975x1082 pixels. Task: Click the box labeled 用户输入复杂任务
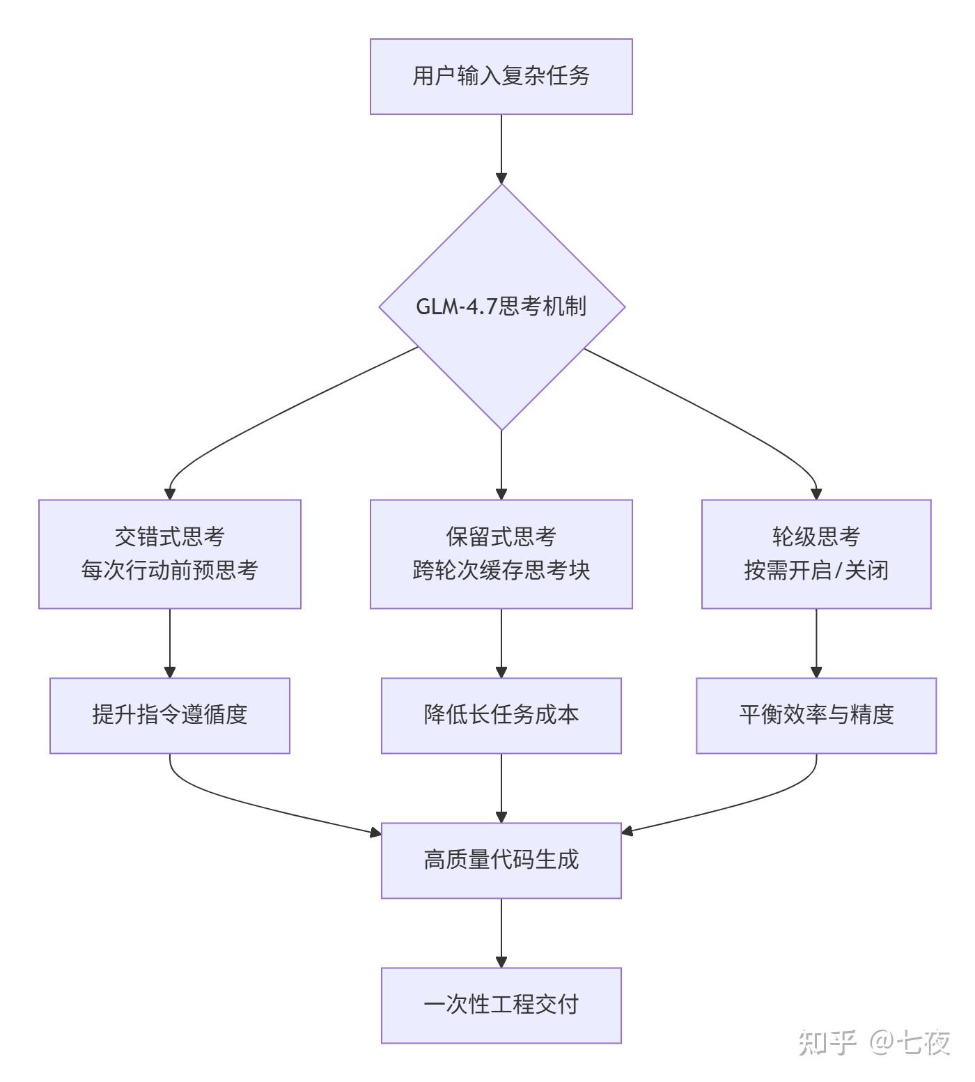click(501, 76)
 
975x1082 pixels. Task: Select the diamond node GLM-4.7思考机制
click(501, 307)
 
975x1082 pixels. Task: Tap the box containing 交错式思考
click(169, 554)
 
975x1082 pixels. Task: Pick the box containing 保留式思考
click(501, 554)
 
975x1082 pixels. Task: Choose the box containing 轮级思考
click(816, 554)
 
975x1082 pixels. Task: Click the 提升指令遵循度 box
click(169, 715)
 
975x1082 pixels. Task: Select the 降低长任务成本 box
click(501, 715)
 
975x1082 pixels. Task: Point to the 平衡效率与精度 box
click(816, 715)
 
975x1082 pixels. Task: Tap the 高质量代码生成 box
click(501, 860)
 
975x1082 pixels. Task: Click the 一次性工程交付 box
click(501, 1005)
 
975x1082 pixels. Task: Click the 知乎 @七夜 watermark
click(873, 1043)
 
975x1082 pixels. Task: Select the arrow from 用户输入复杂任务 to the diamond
click(501, 148)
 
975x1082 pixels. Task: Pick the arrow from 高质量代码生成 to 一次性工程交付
click(501, 932)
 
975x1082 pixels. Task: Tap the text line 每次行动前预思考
click(169, 571)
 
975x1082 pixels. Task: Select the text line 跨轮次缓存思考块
click(501, 571)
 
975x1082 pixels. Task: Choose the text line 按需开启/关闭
click(816, 571)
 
